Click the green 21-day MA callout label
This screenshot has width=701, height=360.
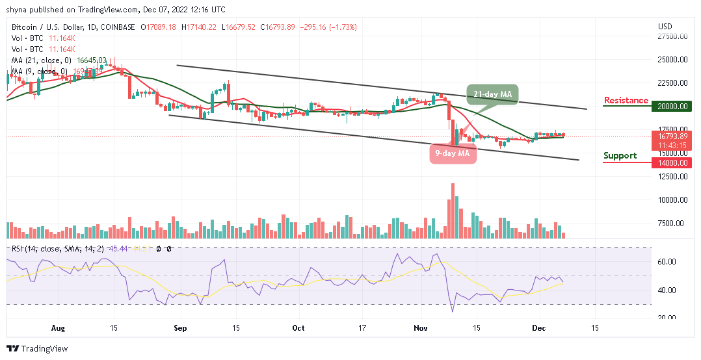pos(492,94)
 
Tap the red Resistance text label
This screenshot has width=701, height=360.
pos(626,100)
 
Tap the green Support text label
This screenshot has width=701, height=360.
pos(620,156)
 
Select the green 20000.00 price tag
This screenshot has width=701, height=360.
pos(673,106)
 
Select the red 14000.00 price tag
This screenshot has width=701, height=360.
pos(673,162)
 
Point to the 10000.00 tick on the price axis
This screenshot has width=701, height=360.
pos(673,200)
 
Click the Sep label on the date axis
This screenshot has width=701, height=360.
pos(180,328)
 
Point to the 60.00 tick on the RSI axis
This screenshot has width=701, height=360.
pos(669,262)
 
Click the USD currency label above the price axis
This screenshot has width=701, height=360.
pos(665,27)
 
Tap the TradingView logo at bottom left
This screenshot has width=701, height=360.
pos(37,349)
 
